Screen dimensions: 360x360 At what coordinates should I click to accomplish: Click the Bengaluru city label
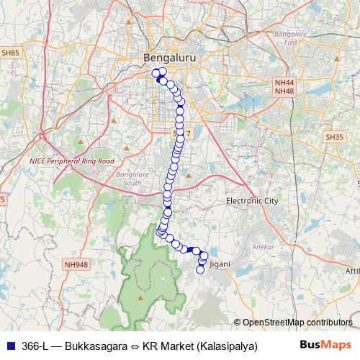point(171,57)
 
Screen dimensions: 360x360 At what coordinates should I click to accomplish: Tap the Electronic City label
point(251,201)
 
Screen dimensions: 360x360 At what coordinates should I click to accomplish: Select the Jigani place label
point(220,264)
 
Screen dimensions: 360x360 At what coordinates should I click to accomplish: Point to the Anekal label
point(259,247)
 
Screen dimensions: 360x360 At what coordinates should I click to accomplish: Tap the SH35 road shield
point(335,136)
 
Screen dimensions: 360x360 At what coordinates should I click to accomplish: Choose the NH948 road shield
point(76,264)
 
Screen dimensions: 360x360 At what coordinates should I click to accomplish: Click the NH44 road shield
point(284,83)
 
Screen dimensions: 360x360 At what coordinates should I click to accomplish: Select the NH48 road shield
point(284,92)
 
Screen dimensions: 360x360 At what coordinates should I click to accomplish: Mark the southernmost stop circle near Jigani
point(201,270)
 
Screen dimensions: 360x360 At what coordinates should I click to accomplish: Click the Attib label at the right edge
point(352,271)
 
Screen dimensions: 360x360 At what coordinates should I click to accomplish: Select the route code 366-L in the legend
point(35,346)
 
